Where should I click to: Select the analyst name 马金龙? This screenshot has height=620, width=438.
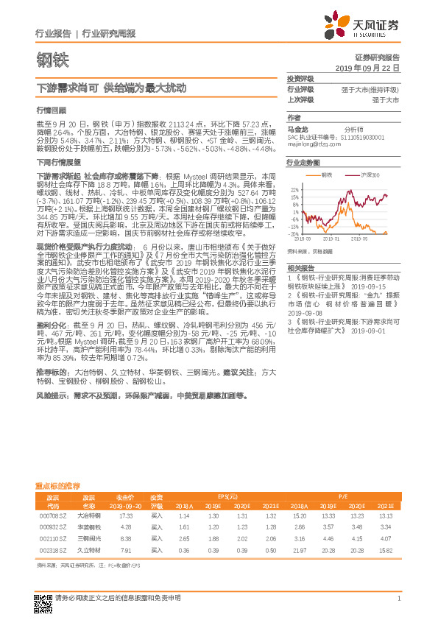pyautogui.click(x=296, y=128)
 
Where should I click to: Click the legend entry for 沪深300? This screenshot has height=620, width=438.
pyautogui.click(x=368, y=175)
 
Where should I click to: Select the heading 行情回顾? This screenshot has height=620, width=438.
pyautogui.click(x=46, y=108)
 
